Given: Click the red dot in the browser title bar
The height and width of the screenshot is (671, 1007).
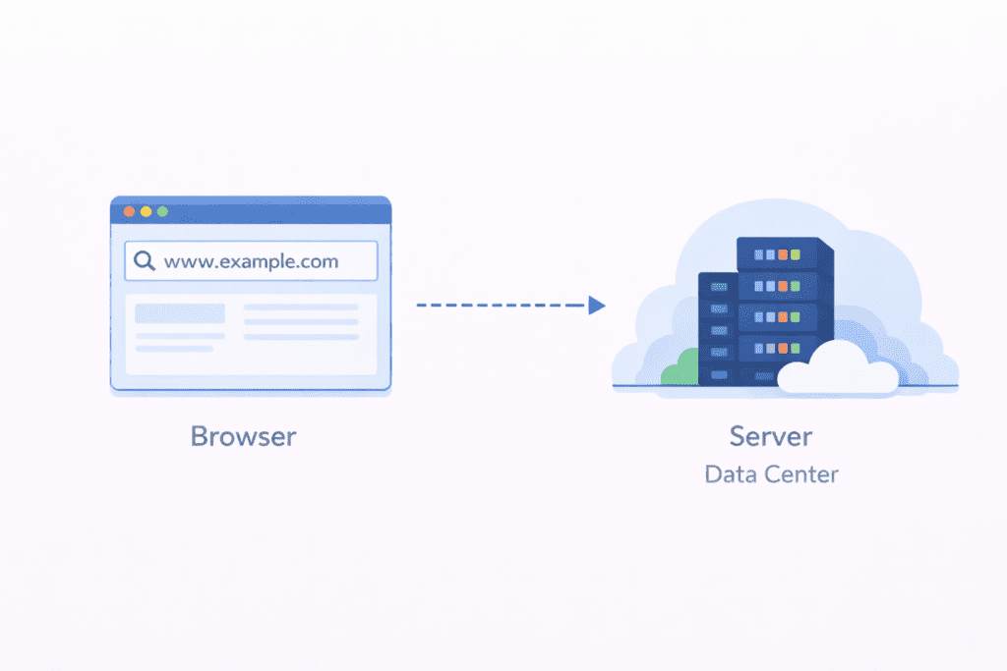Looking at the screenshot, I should pos(128,211).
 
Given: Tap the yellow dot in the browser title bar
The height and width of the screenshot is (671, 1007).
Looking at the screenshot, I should pos(146,211).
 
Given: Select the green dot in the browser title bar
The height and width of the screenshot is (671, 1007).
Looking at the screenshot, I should pos(162,211).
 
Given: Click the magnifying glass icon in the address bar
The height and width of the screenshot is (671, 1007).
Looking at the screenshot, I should pos(145,261).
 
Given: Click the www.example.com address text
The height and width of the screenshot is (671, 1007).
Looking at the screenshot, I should pos(251,261).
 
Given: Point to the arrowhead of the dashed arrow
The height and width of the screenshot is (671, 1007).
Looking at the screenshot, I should pos(596,306).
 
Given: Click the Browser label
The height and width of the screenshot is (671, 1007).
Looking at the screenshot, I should pos(243,436).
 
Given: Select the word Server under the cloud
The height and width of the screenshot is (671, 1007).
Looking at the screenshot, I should pos(771,436).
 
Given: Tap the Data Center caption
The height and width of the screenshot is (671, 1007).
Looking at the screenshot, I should pos(771,475).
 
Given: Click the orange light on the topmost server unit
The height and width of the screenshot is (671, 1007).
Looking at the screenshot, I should pos(783,254).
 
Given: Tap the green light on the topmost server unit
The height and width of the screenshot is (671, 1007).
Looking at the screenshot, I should pos(796,254).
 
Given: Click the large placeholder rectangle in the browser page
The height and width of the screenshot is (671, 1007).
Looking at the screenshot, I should pos(180,313).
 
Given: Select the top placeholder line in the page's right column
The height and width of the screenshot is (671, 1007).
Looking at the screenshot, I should pos(301,308).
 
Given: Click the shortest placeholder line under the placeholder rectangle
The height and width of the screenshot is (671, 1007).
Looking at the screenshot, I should pos(174,349).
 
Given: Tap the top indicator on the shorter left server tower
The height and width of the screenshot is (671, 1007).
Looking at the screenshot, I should pos(719,286).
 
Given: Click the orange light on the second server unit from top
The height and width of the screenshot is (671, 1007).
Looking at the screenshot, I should pos(783,286).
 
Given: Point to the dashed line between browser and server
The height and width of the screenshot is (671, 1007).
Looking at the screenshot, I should pos(500,306).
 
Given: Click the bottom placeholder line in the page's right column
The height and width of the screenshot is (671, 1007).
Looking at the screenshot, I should pos(301,337).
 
